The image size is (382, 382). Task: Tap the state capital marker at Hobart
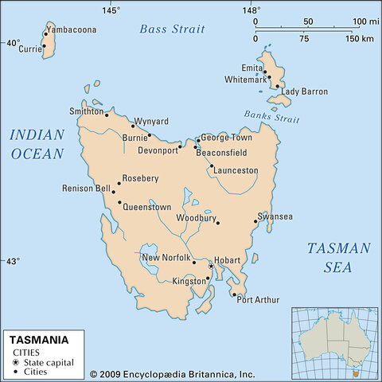pos(211,266)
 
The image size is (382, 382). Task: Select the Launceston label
pos(236,170)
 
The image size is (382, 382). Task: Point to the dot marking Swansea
pos(255,221)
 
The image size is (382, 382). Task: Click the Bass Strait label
pos(172,29)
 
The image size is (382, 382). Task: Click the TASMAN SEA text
pos(338,257)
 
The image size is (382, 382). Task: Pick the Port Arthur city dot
pos(234,295)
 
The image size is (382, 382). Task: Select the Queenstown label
pos(147,207)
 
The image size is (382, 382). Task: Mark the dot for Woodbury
pos(217,223)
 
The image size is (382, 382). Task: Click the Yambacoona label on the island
pos(71,30)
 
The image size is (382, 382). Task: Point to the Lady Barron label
pos(305,92)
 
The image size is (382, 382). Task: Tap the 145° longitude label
pos(111,10)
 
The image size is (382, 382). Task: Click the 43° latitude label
pos(13,261)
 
